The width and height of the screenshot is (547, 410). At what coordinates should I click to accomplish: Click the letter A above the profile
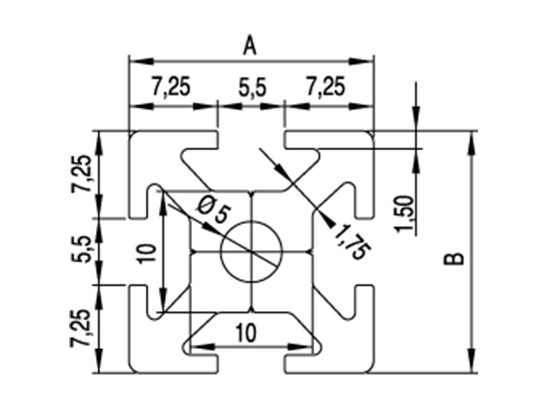(x=250, y=46)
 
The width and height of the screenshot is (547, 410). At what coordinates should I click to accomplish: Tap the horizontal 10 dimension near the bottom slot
(x=247, y=333)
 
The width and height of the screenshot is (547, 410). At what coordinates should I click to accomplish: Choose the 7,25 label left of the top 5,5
(x=170, y=87)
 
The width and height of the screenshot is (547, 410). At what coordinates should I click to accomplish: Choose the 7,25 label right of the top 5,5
(x=325, y=87)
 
